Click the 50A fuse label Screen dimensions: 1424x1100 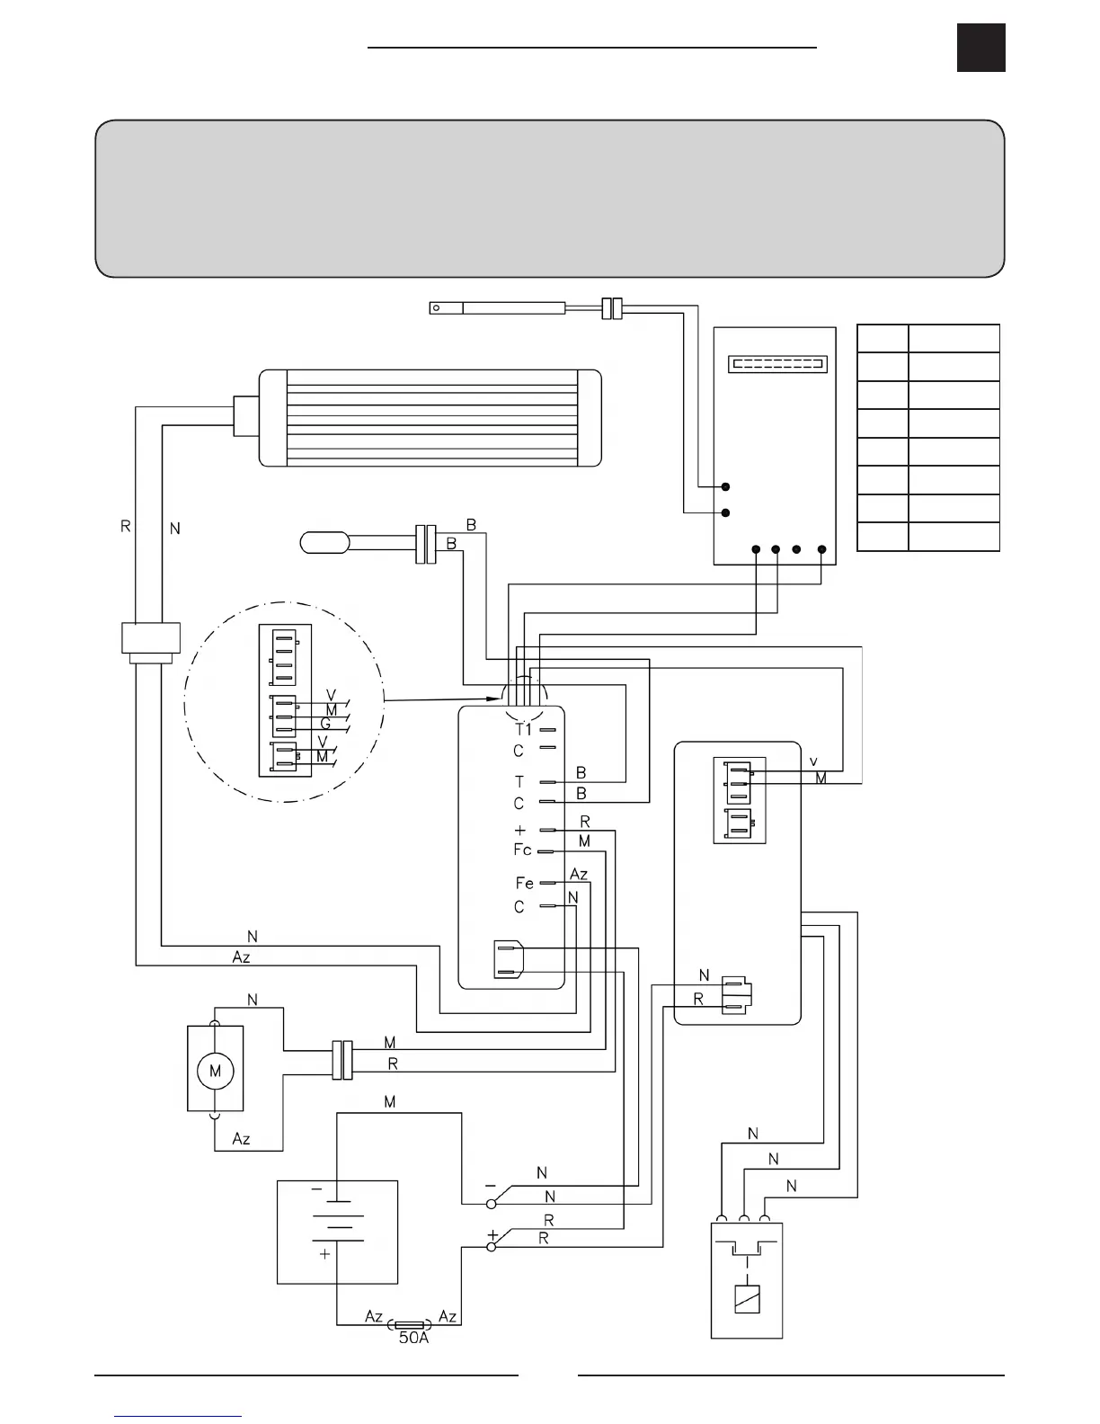tap(413, 1337)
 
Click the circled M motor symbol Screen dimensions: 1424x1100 tap(215, 1071)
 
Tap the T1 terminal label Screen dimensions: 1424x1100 tap(523, 729)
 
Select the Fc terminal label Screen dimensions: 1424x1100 tap(522, 850)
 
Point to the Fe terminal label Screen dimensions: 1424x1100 tap(524, 884)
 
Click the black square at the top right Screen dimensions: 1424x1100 tap(980, 48)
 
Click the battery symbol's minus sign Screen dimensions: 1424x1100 tap(316, 1188)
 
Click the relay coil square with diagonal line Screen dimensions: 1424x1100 tap(747, 1300)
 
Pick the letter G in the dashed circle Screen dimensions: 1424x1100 tap(325, 724)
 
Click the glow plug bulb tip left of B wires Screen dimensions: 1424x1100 tap(324, 543)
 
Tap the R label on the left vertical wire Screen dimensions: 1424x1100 tap(126, 526)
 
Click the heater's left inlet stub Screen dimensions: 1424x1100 tap(245, 416)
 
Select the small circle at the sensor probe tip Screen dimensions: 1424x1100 tap(437, 308)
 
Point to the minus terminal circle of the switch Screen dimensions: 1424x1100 tap(491, 1203)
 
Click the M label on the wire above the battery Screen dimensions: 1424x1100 tap(390, 1102)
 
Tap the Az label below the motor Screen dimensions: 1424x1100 tap(241, 1139)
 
